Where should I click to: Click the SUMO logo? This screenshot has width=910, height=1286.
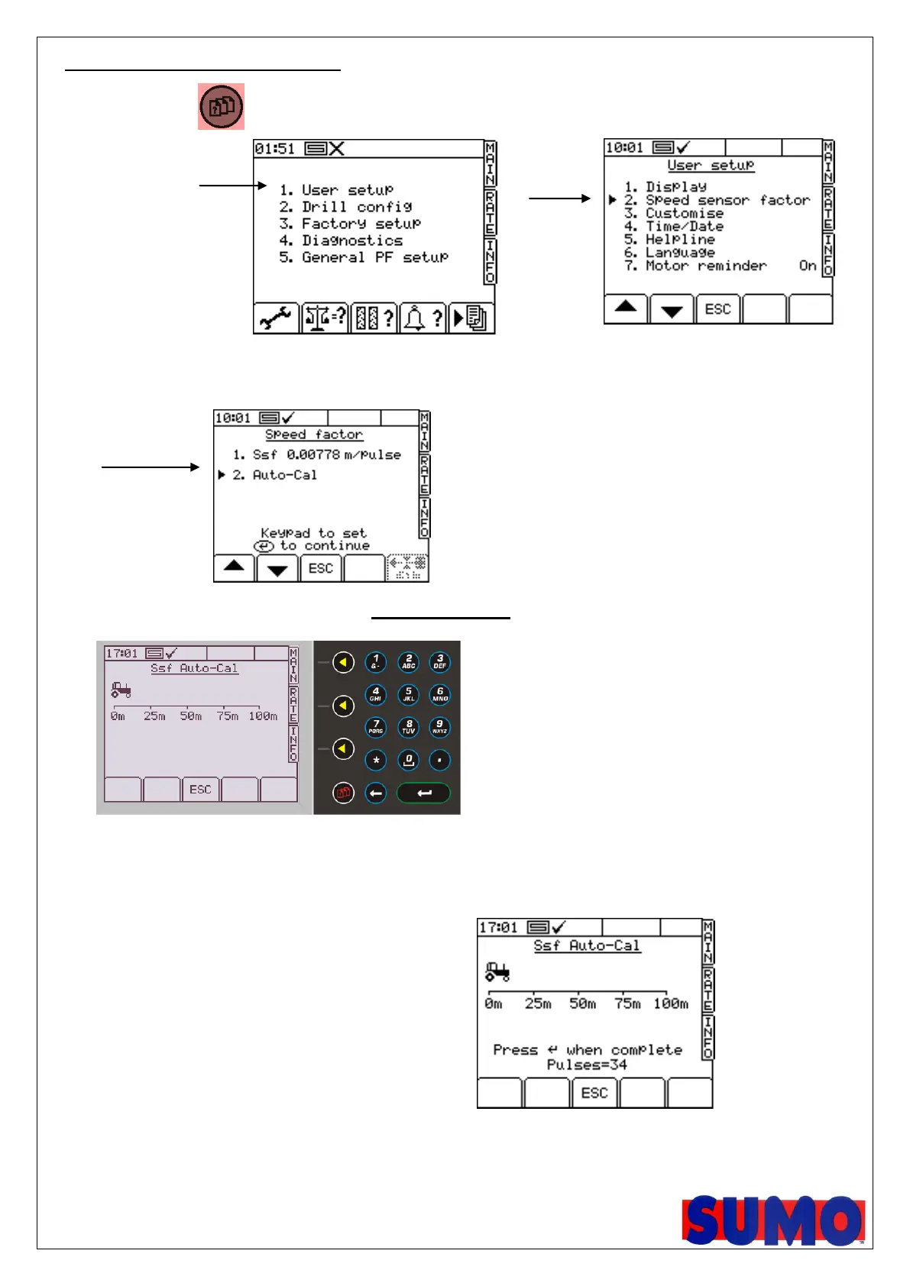(772, 1220)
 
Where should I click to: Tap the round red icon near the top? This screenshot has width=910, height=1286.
(221, 106)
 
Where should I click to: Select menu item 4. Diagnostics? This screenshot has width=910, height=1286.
(341, 241)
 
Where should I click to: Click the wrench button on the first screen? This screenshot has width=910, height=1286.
(276, 318)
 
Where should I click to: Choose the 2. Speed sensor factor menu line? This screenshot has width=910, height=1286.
(717, 200)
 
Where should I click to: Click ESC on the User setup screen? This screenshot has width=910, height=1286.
(717, 309)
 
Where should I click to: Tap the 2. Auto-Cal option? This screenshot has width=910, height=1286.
(274, 475)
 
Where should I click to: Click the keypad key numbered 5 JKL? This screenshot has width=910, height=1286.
(408, 695)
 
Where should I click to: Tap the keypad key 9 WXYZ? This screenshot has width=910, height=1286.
(439, 727)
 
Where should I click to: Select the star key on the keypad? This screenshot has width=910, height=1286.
(376, 761)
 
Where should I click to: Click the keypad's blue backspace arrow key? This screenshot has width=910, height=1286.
(375, 793)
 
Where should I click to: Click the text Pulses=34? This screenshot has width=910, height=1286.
(587, 1065)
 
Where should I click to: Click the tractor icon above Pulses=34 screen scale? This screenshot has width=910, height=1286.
(497, 971)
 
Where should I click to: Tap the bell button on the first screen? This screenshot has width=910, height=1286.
(422, 318)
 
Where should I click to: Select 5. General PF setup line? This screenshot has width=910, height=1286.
(364, 257)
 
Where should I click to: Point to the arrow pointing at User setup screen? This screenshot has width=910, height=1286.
(559, 199)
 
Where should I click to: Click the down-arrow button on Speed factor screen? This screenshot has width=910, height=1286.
(277, 569)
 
